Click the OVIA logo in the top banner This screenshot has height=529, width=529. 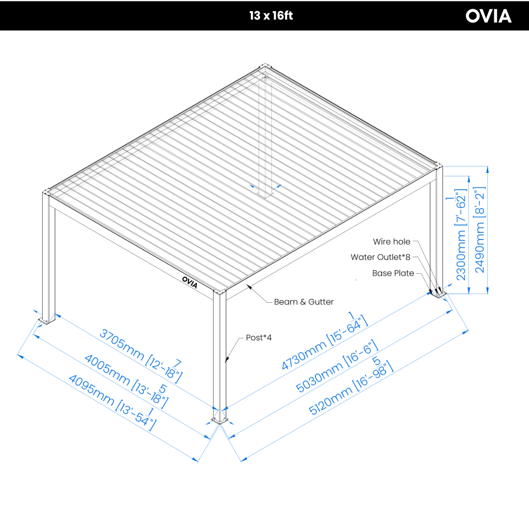[488, 16]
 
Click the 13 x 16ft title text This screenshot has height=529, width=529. [271, 16]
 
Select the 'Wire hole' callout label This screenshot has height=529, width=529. [391, 241]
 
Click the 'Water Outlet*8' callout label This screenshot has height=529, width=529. [380, 257]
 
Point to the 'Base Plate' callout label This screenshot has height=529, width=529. [393, 273]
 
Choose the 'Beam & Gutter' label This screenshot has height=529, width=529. [303, 302]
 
